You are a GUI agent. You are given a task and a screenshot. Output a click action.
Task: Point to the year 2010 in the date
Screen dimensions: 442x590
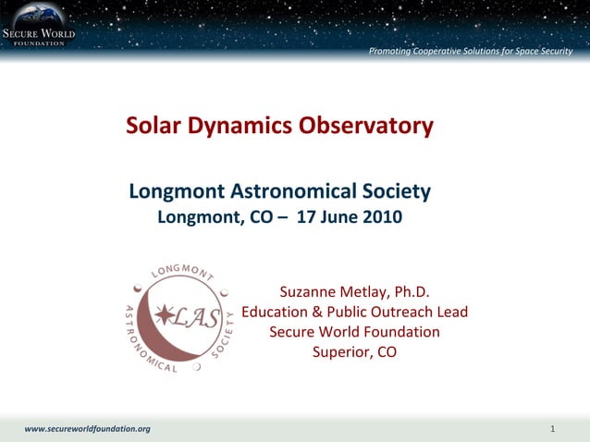coord(381,218)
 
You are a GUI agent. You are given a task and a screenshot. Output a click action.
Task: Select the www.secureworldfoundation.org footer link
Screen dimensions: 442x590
coord(87,429)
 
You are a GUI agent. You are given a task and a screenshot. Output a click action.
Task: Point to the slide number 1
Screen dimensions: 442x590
coord(551,429)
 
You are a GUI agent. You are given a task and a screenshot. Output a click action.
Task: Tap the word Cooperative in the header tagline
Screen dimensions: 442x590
coord(442,50)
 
